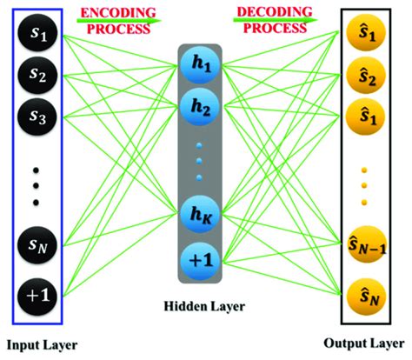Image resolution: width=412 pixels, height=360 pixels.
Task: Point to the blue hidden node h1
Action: (x=202, y=65)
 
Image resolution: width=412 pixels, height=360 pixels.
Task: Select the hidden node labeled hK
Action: (x=202, y=213)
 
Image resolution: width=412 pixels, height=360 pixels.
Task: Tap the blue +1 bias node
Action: (x=202, y=258)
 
